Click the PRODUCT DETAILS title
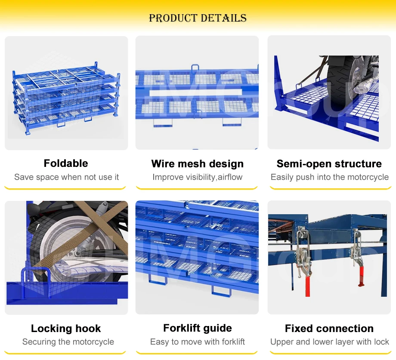click(x=198, y=18)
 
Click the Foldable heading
click(x=66, y=163)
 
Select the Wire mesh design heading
click(x=197, y=164)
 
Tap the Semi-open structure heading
click(x=329, y=164)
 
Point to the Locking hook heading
click(x=66, y=329)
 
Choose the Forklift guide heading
click(x=198, y=328)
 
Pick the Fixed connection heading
click(x=329, y=329)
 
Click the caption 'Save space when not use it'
click(x=66, y=177)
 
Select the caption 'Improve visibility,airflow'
click(x=197, y=177)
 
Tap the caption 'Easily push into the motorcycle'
click(x=329, y=177)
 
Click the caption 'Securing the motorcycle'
click(x=68, y=342)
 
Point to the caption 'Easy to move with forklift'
click(x=197, y=342)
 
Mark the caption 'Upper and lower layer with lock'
click(x=329, y=342)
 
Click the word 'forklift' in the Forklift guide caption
click(x=233, y=342)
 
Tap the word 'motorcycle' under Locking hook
click(x=93, y=342)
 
